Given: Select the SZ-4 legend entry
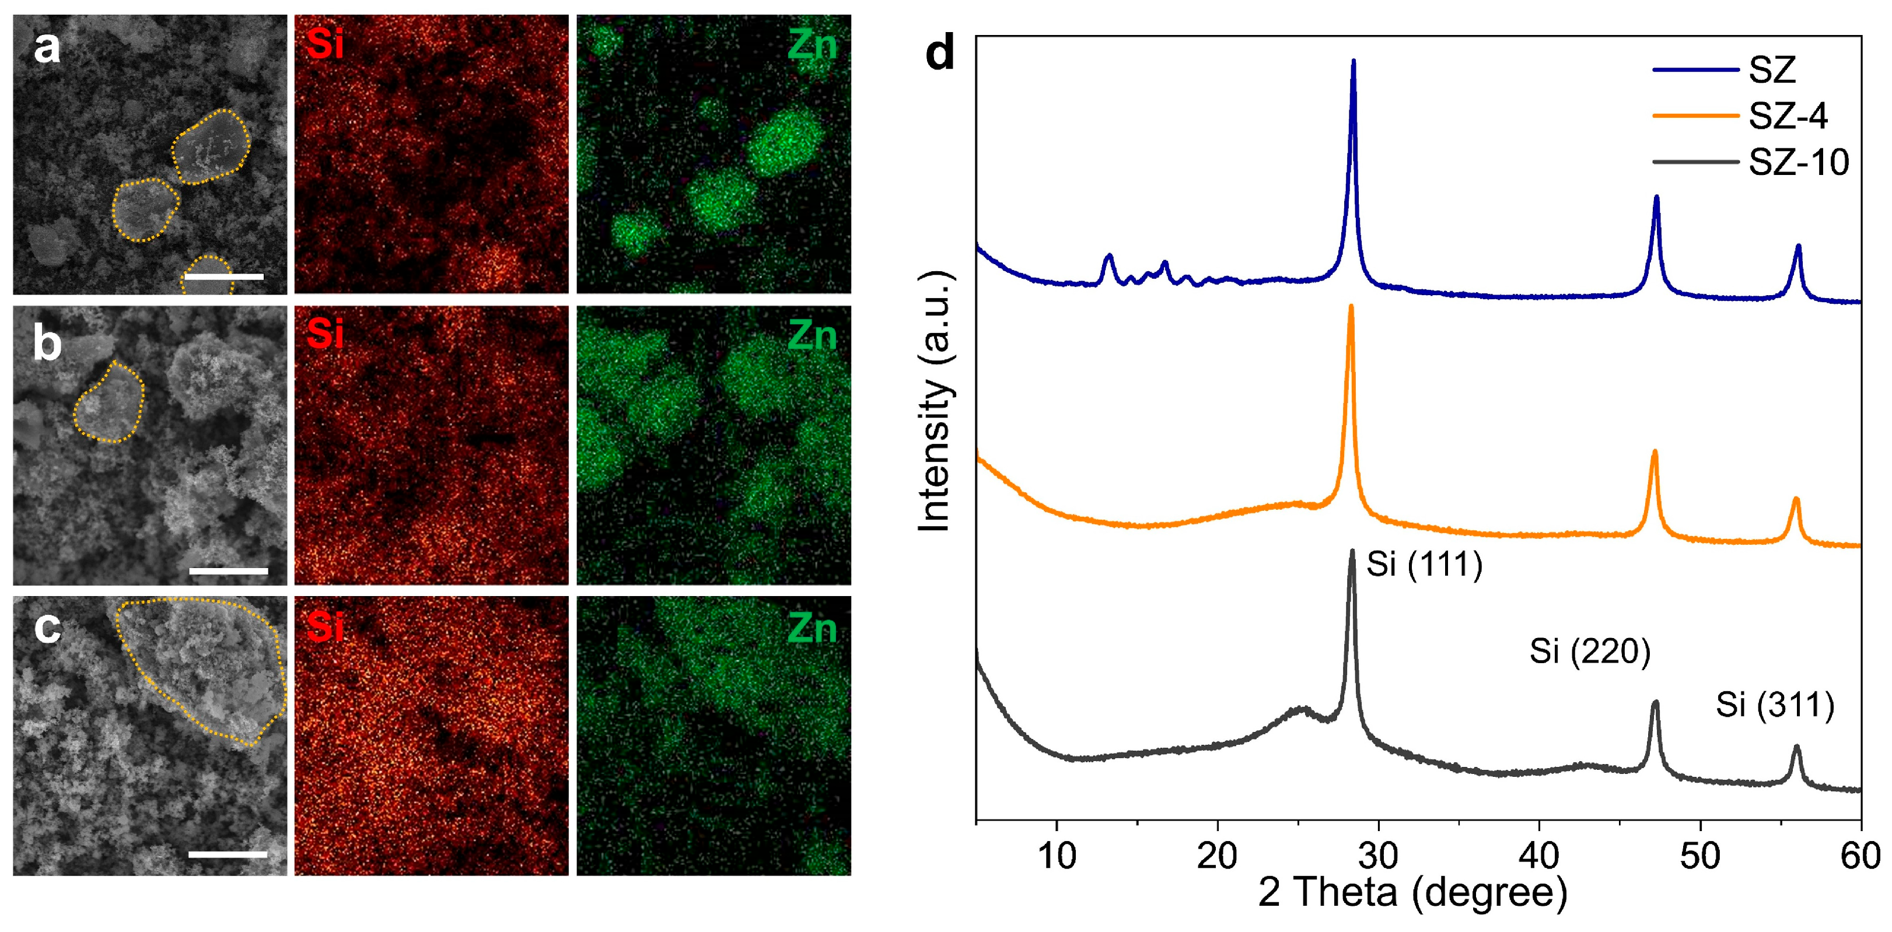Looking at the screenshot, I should pyautogui.click(x=1787, y=116).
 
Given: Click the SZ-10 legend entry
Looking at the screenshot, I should pyautogui.click(x=1797, y=162).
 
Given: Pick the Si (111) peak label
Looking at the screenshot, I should pyautogui.click(x=1424, y=565).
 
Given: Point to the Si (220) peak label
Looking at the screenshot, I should pyautogui.click(x=1589, y=651).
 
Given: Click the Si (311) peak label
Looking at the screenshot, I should pyautogui.click(x=1775, y=706).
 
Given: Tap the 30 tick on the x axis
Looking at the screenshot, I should pyautogui.click(x=1379, y=856).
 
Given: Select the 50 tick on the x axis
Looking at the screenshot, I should pyautogui.click(x=1699, y=856).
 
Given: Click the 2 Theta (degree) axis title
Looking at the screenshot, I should pyautogui.click(x=1412, y=893).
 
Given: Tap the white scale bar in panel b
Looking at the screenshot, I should pyautogui.click(x=229, y=570).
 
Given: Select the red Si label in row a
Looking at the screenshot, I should pyautogui.click(x=324, y=45).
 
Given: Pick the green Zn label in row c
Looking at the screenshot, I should pyautogui.click(x=812, y=629).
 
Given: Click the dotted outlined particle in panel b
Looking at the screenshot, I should pyautogui.click(x=109, y=402).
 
